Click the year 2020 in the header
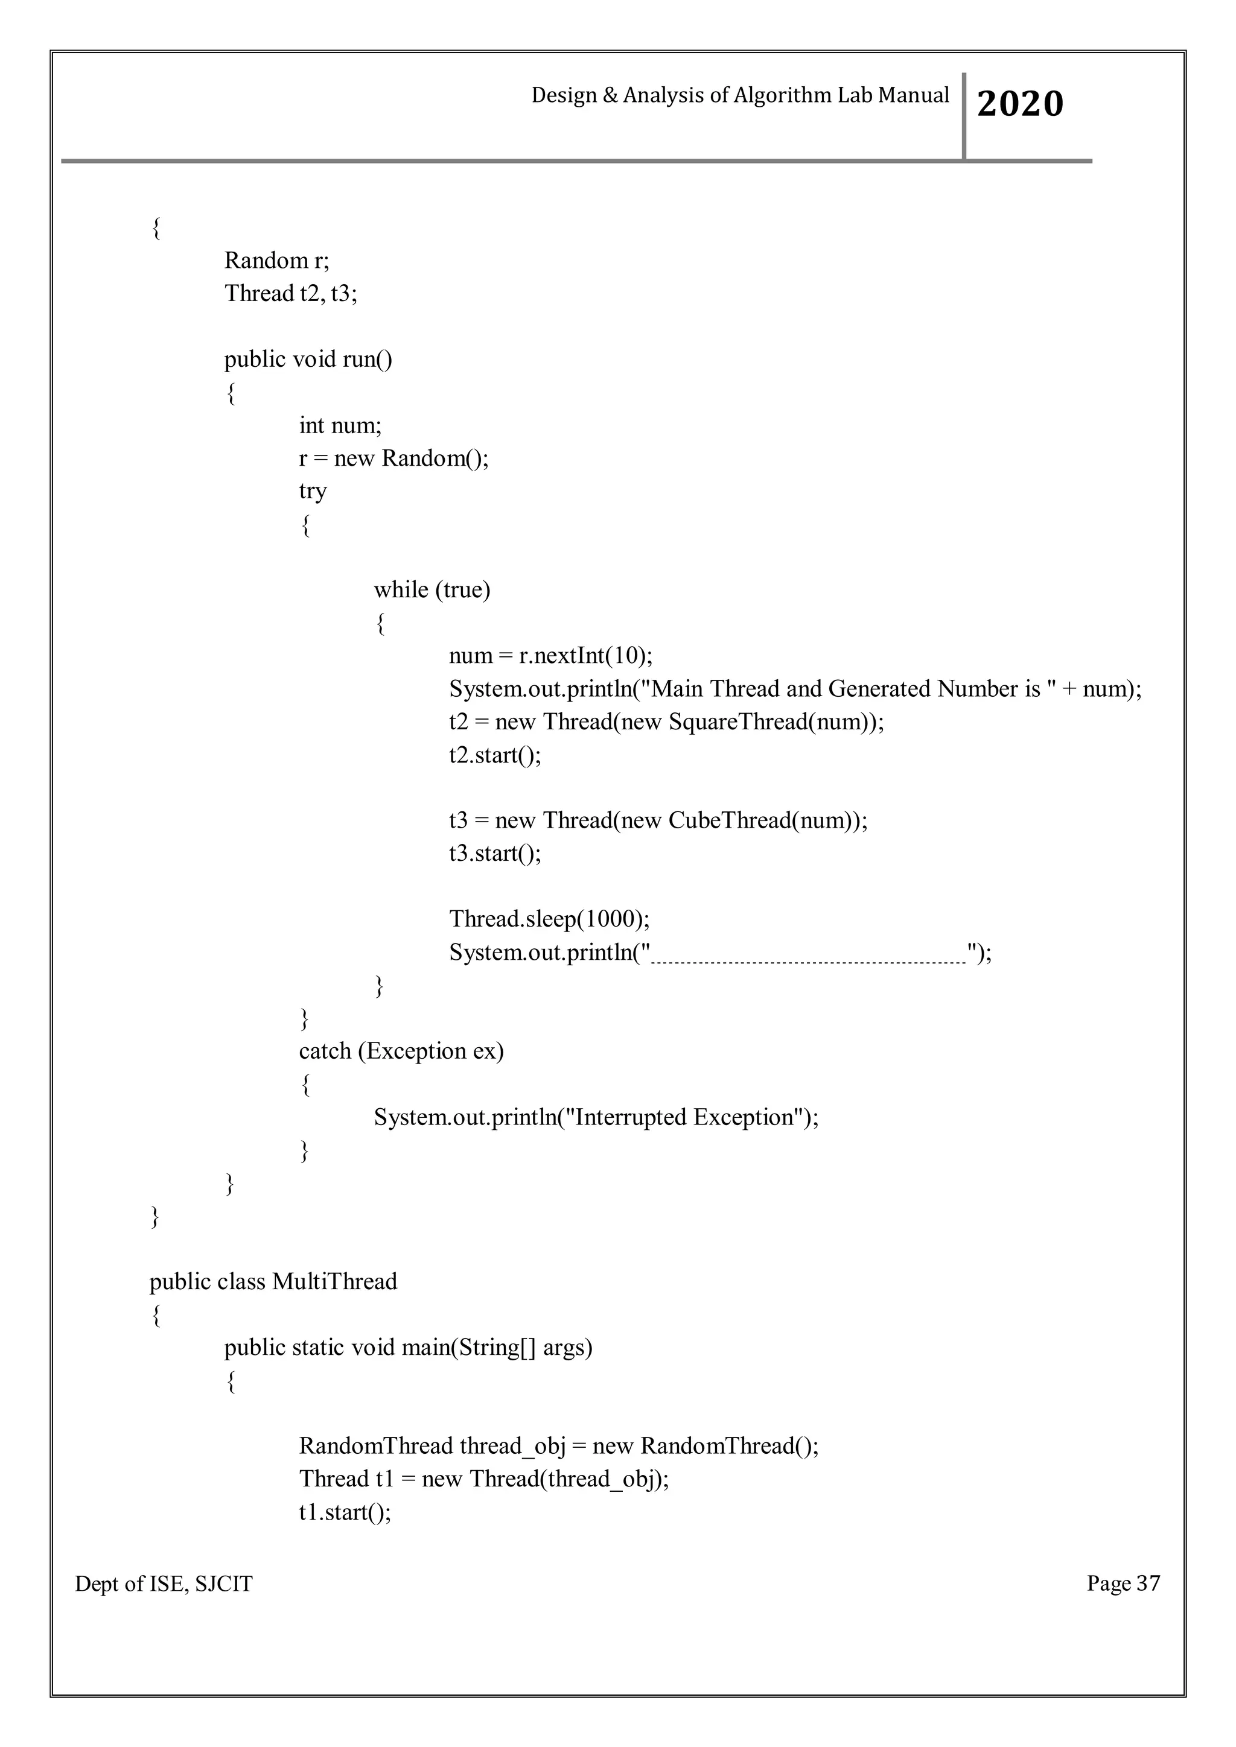click(x=1020, y=104)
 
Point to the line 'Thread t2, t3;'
click(x=290, y=293)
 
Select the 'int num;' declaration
click(x=340, y=425)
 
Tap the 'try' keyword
click(x=313, y=491)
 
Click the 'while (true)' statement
click(x=432, y=590)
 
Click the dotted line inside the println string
click(x=808, y=960)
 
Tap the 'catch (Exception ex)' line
click(x=401, y=1051)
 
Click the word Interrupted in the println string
click(x=630, y=1117)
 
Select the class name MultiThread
click(x=334, y=1281)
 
